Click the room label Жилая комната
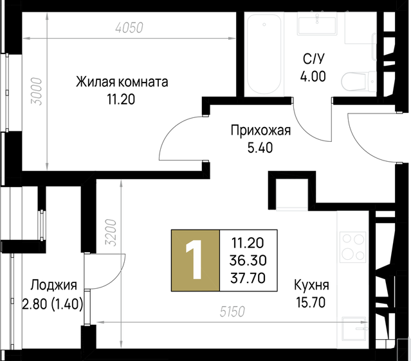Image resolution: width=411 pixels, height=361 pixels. [122, 83]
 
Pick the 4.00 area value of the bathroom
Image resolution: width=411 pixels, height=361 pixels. [315, 75]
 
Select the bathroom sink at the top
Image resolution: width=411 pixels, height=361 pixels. [317, 26]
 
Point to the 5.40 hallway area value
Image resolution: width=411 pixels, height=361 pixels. [261, 147]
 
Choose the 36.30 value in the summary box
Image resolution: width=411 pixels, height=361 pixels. [245, 260]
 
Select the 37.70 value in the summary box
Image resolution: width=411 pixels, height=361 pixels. [245, 277]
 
